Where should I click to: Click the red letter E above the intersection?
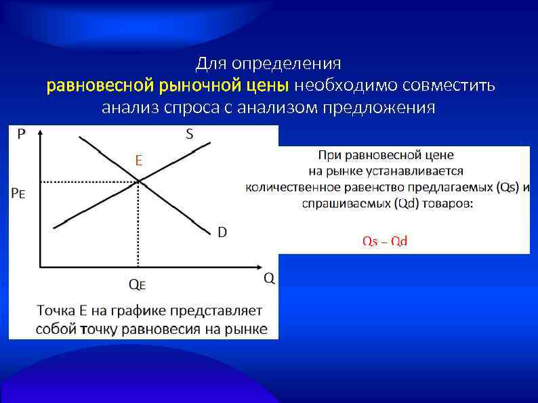click(x=138, y=161)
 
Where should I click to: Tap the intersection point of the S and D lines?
click(x=138, y=181)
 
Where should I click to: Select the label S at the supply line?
click(x=189, y=134)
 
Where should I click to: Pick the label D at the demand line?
click(x=222, y=233)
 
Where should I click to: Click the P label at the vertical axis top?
click(x=22, y=134)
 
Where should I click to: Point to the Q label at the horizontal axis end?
click(x=269, y=278)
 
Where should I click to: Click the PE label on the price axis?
click(x=19, y=193)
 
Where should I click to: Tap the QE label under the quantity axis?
click(x=138, y=283)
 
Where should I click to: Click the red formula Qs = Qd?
click(x=385, y=242)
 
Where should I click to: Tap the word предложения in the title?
click(x=379, y=108)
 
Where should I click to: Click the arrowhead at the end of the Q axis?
click(x=262, y=266)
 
